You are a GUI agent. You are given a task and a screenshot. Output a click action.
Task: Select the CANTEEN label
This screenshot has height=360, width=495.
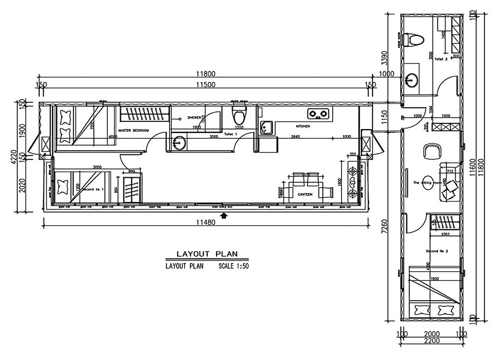tap(305, 194)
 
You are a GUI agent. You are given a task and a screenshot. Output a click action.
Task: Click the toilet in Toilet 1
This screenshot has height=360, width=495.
tap(239, 116)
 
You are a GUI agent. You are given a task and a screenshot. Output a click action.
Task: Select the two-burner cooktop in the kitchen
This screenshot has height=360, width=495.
tap(319, 112)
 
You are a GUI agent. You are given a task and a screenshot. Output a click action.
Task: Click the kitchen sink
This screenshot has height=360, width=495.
tap(266, 127)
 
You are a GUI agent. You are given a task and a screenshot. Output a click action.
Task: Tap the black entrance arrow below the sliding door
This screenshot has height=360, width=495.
tap(224, 216)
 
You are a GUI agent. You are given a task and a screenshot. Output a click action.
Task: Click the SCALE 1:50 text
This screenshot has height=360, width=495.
tap(234, 266)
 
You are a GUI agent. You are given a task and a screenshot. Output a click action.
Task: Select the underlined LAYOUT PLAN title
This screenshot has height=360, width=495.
tap(207, 254)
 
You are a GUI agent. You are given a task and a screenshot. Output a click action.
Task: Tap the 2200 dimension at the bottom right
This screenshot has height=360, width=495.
tap(432, 341)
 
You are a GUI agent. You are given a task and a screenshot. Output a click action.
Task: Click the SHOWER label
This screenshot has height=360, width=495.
tap(194, 117)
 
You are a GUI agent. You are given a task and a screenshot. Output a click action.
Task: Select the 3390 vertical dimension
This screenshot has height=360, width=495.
tap(384, 57)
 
